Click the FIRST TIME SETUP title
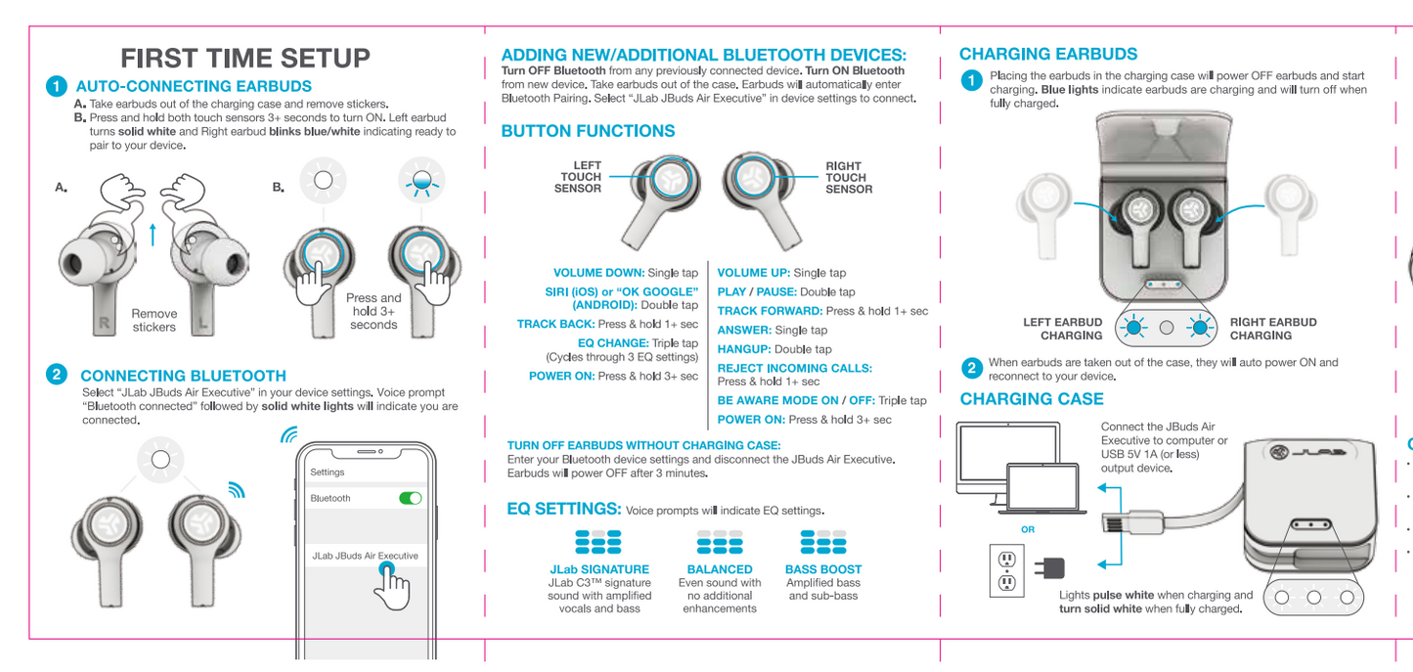[x=245, y=58]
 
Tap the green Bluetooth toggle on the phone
[x=411, y=498]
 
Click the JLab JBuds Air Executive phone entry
[x=365, y=556]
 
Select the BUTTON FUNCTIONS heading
[x=588, y=131]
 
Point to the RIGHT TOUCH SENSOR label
[x=848, y=177]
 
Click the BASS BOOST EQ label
[x=823, y=569]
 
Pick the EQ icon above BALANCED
[x=720, y=541]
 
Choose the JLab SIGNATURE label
[x=599, y=569]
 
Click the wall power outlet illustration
[x=1006, y=570]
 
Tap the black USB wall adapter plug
[x=1051, y=568]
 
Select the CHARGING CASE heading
[x=1032, y=399]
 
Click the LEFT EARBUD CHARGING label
[x=1062, y=329]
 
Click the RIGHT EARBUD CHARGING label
[x=1273, y=329]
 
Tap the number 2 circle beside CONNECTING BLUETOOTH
[x=57, y=375]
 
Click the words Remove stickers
[x=155, y=321]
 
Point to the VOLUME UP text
[x=754, y=273]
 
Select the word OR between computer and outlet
[x=1028, y=529]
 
